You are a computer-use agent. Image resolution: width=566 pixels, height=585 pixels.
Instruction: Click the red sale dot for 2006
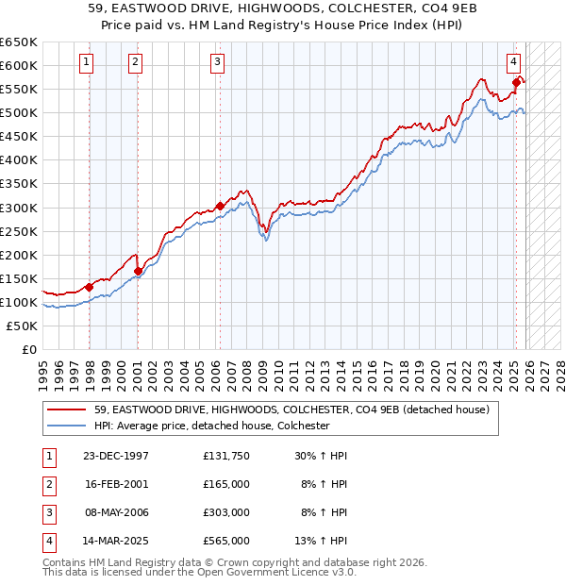220,206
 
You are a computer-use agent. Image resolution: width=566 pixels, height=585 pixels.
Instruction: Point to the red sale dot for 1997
89,287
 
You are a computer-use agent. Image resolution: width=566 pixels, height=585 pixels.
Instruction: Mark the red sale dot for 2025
516,82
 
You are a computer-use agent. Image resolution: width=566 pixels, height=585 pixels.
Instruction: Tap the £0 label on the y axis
28,349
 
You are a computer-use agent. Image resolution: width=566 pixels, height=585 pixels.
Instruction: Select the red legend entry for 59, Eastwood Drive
291,409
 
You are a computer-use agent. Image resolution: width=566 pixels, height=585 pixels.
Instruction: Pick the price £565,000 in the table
226,541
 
